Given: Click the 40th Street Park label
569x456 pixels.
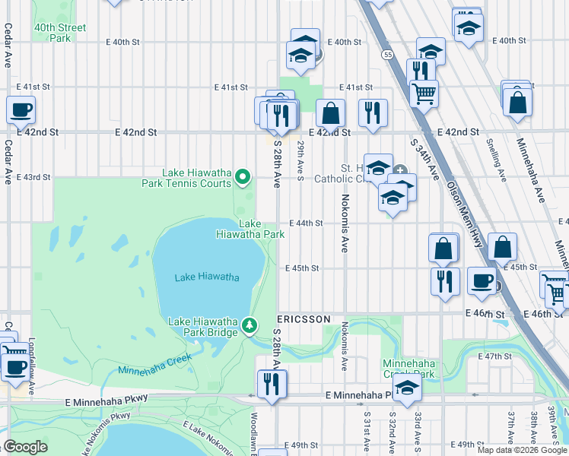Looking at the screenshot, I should (x=59, y=33).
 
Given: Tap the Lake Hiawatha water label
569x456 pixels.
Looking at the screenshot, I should (x=207, y=277).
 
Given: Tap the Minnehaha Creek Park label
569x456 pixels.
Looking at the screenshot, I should (x=408, y=369).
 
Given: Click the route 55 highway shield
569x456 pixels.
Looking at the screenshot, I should (x=388, y=55).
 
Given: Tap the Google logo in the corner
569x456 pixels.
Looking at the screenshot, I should (x=25, y=447).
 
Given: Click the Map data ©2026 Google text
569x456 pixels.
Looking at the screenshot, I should (x=522, y=450).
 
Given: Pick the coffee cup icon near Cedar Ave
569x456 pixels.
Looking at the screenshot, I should (x=21, y=109).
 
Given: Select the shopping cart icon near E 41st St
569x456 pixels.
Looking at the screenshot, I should (x=424, y=93).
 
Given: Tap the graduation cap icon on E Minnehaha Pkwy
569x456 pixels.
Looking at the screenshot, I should (x=408, y=388).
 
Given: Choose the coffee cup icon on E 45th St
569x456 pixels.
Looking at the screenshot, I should (x=482, y=280).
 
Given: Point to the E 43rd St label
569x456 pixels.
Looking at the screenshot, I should (x=33, y=177).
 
